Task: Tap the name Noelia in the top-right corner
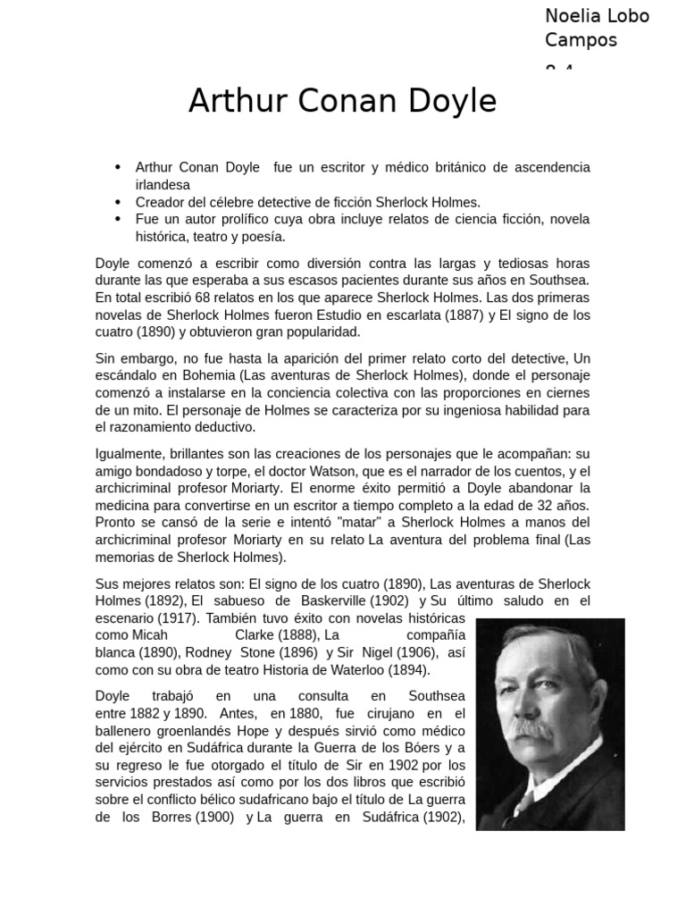(x=572, y=16)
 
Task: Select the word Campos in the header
(x=581, y=40)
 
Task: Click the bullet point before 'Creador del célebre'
(x=118, y=203)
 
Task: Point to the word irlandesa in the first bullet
(x=163, y=185)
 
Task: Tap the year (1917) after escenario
(x=178, y=617)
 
